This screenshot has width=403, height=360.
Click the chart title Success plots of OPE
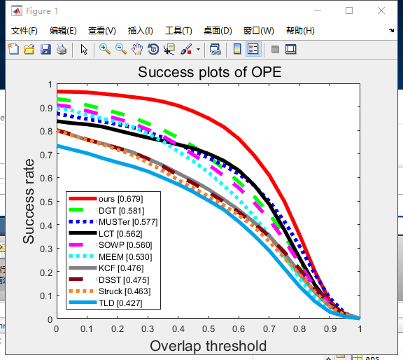(x=209, y=73)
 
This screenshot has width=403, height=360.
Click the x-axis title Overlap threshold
(x=208, y=346)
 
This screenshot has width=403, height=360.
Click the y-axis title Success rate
(x=29, y=202)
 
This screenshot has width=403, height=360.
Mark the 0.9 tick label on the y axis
(x=45, y=108)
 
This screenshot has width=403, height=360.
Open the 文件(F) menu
(x=24, y=31)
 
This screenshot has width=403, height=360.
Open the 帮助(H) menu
(x=300, y=31)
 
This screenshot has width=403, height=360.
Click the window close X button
(x=380, y=11)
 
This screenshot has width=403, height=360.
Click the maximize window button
(x=349, y=11)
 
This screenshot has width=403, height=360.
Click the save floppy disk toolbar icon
(x=45, y=49)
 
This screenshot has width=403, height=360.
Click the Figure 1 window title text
(x=43, y=11)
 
